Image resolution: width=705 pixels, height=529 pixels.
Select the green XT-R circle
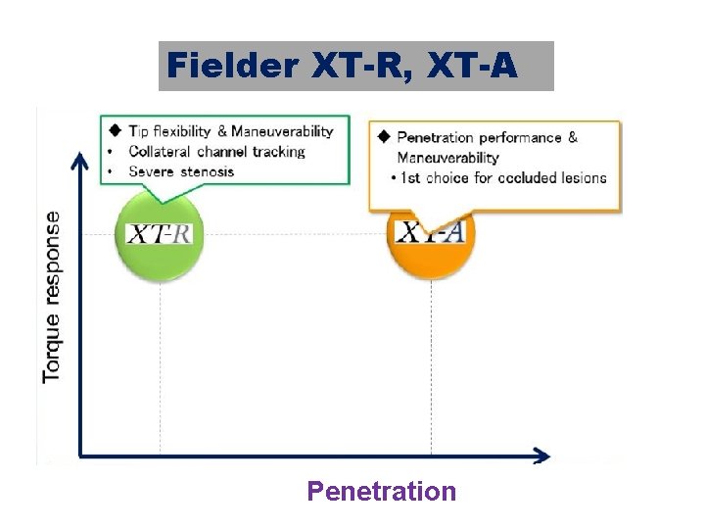pyautogui.click(x=160, y=235)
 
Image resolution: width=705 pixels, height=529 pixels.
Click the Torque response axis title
pyautogui.click(x=51, y=296)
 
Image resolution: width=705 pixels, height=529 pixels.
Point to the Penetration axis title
pyautogui.click(x=382, y=491)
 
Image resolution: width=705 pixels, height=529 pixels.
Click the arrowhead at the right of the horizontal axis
pyautogui.click(x=540, y=455)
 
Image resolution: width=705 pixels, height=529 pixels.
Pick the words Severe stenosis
pyautogui.click(x=181, y=171)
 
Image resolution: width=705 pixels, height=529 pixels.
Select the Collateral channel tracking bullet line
pyautogui.click(x=216, y=152)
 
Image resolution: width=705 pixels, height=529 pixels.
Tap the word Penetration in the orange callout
pyautogui.click(x=435, y=137)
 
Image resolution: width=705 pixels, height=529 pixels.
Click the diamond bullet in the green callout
pyautogui.click(x=115, y=130)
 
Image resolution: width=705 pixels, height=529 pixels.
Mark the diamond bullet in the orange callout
pyautogui.click(x=383, y=136)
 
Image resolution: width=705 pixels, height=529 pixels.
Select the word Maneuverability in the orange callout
pyautogui.click(x=447, y=157)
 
